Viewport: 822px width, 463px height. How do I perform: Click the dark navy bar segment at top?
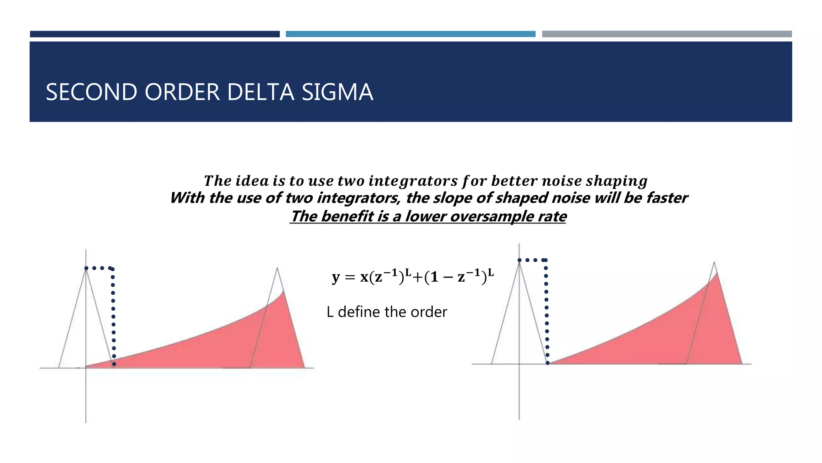point(155,34)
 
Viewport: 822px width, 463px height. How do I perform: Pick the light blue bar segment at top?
point(410,34)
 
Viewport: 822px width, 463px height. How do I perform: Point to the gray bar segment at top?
point(667,34)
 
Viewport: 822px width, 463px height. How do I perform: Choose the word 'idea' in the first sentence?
point(252,181)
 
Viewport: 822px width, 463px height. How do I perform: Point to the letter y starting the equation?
point(336,278)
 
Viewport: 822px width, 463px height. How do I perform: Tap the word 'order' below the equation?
point(431,312)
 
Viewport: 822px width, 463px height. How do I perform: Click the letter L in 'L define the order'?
point(330,312)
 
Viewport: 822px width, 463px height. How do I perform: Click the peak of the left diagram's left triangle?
point(86,268)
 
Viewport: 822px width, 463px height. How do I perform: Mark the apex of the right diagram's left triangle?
point(519,261)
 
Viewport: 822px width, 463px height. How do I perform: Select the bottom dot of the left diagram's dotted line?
point(114,364)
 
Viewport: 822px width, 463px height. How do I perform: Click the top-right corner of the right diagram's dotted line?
point(545,260)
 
